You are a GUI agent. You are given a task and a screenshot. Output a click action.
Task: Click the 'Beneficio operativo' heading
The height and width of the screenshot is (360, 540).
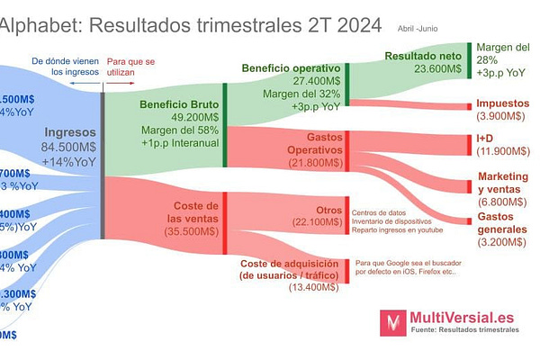click(x=291, y=67)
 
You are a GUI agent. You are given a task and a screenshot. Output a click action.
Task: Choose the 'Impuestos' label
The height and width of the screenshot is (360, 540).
click(x=502, y=103)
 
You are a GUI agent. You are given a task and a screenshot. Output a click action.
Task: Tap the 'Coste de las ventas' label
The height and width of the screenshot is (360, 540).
click(x=193, y=212)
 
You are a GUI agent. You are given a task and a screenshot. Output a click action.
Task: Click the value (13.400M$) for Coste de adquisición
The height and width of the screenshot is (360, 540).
click(x=313, y=287)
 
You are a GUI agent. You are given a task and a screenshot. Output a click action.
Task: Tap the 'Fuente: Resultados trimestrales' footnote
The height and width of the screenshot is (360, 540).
click(x=464, y=331)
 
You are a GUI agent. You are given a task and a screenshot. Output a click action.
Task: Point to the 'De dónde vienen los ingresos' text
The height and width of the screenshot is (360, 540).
click(x=66, y=66)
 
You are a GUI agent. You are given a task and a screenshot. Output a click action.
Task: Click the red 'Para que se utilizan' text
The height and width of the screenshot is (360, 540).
click(x=138, y=66)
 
